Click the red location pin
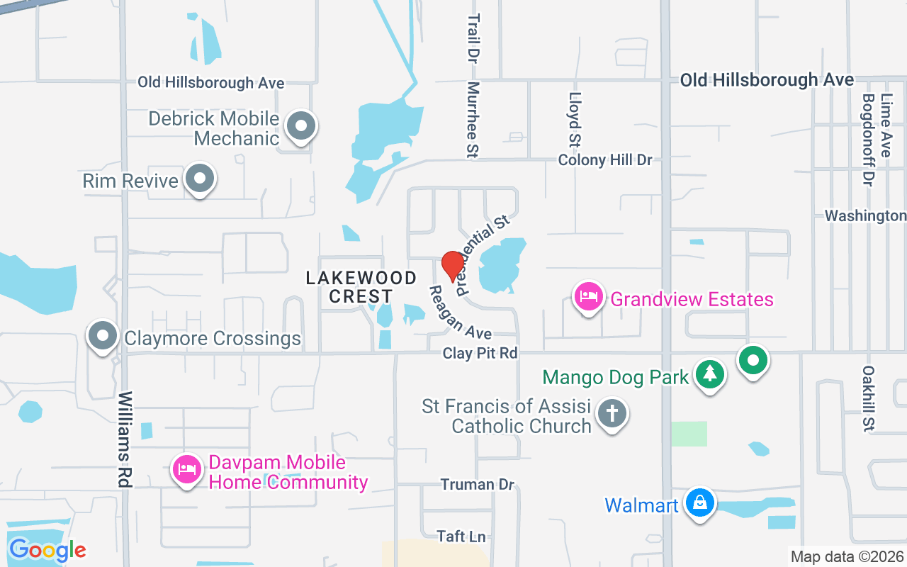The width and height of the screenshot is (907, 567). (452, 266)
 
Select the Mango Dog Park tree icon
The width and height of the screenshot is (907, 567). (709, 374)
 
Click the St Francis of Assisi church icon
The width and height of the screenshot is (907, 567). (611, 413)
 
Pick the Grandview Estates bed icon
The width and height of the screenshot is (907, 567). (589, 297)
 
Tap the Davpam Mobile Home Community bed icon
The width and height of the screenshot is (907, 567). (187, 469)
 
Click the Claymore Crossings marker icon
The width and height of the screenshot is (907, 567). (103, 336)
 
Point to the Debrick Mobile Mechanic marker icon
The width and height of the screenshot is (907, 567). (301, 127)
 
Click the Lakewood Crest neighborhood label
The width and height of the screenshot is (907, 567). (361, 287)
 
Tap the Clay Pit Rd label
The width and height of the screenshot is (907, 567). (480, 353)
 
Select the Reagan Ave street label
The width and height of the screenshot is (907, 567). (461, 313)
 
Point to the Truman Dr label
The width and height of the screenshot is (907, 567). (477, 485)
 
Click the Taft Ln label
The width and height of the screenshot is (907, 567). (461, 537)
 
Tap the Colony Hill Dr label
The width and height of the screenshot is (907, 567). (604, 160)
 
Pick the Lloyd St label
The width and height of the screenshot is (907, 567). (575, 120)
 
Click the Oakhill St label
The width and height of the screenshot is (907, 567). (869, 398)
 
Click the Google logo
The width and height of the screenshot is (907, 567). (47, 549)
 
